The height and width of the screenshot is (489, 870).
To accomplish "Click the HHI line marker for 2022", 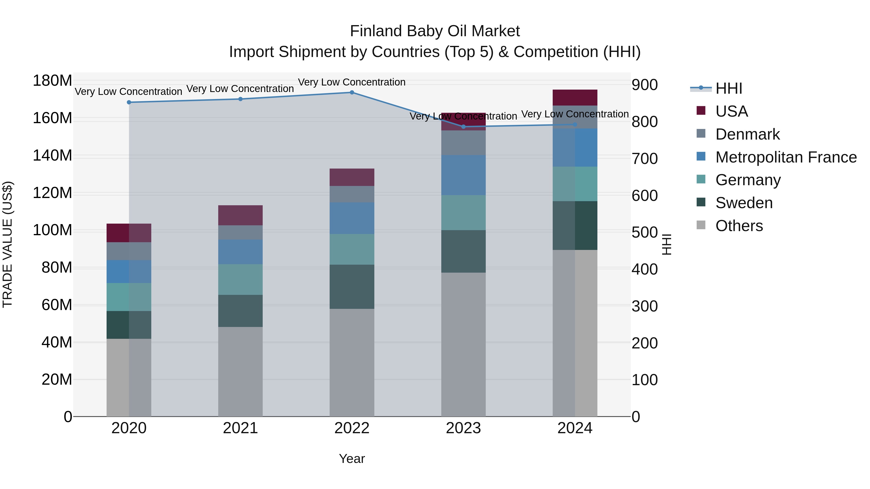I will tap(352, 92).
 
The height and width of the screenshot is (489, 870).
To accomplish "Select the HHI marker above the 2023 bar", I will tap(463, 127).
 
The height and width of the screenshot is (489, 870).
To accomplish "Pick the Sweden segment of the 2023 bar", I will tap(463, 251).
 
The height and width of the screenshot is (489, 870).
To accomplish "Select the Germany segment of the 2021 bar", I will tap(240, 279).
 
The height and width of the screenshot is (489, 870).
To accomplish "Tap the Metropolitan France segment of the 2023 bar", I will tap(463, 175).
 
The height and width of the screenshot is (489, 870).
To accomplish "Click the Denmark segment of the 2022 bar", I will tap(352, 194).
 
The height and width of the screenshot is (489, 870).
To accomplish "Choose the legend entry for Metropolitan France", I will tap(786, 157).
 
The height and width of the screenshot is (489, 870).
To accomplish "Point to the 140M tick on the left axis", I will tap(52, 156).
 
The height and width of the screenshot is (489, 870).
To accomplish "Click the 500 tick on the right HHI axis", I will tap(644, 233).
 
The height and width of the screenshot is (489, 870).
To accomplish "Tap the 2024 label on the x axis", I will tap(575, 428).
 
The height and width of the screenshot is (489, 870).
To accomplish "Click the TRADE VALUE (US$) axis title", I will tap(7, 244).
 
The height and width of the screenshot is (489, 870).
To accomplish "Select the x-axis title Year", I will tap(352, 459).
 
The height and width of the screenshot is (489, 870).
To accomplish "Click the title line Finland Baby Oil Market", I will tap(435, 31).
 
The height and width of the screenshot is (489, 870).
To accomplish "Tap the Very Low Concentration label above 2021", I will tap(240, 89).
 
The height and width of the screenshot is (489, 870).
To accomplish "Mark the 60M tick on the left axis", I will tap(56, 305).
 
